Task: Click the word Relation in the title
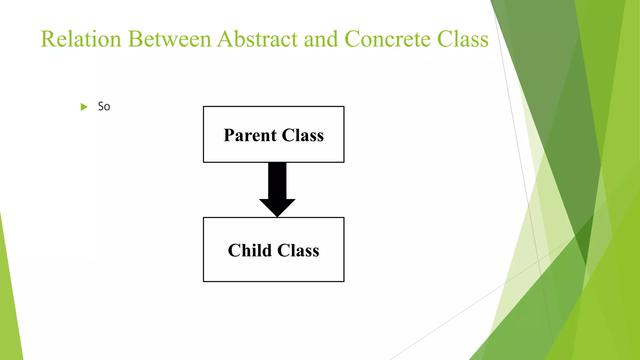(81, 39)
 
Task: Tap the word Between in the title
(170, 39)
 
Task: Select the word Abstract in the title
(257, 39)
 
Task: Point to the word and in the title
(321, 39)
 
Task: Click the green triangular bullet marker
(84, 107)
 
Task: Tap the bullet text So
(104, 107)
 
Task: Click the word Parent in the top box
(250, 135)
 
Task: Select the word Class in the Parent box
(302, 135)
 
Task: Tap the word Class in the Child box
(298, 250)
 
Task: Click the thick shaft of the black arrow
(277, 181)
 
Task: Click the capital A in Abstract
(226, 39)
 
